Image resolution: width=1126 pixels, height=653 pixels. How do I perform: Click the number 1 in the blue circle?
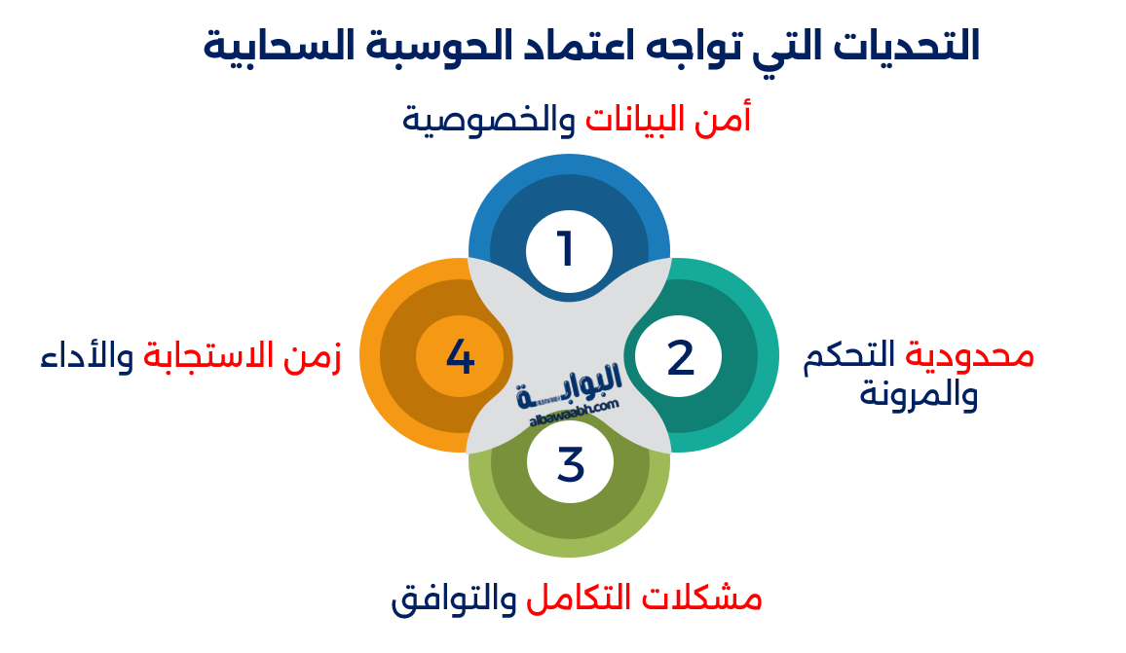point(565,249)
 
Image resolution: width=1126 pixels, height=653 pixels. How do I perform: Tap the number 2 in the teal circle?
point(680,358)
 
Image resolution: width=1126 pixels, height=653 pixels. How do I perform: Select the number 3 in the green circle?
point(571,464)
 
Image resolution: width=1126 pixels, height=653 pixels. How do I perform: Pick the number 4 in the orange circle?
point(460,357)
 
